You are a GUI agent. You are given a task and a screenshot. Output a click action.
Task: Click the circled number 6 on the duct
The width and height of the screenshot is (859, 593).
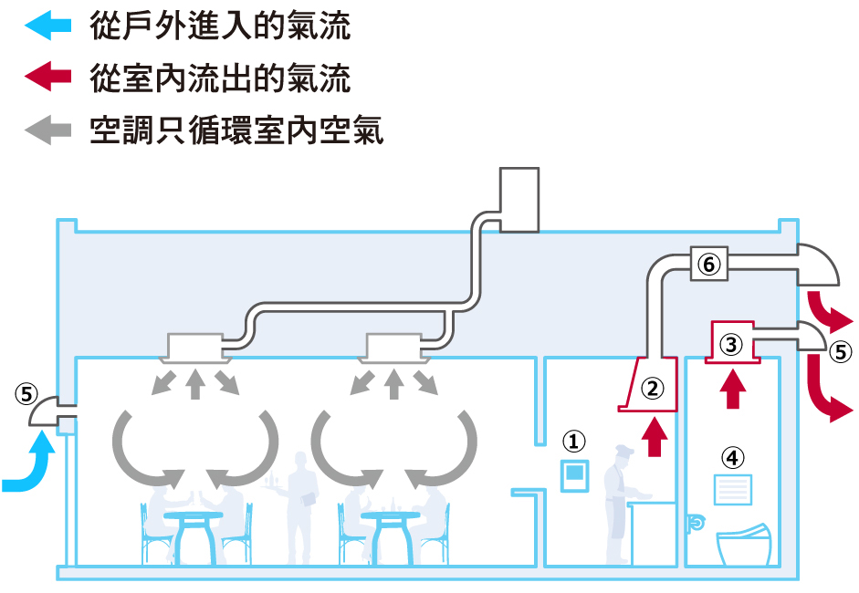[709, 265]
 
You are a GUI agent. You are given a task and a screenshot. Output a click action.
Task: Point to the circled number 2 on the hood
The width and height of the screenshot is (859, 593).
[652, 389]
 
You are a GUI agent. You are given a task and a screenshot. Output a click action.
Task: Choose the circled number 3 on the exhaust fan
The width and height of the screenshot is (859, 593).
[732, 344]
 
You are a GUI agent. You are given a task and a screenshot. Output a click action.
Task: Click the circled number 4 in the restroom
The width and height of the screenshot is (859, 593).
[733, 454]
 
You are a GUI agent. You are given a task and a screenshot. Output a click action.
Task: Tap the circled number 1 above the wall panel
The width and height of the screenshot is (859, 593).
[573, 442]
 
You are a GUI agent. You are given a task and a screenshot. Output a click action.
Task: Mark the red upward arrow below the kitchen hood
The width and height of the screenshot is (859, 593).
[653, 436]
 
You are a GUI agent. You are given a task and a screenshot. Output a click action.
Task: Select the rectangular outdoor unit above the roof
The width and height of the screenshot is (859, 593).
[519, 200]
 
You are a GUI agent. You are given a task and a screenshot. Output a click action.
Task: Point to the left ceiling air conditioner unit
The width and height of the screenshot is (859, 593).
[194, 345]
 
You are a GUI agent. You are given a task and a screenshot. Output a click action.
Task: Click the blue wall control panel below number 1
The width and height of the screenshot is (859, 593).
[574, 473]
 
